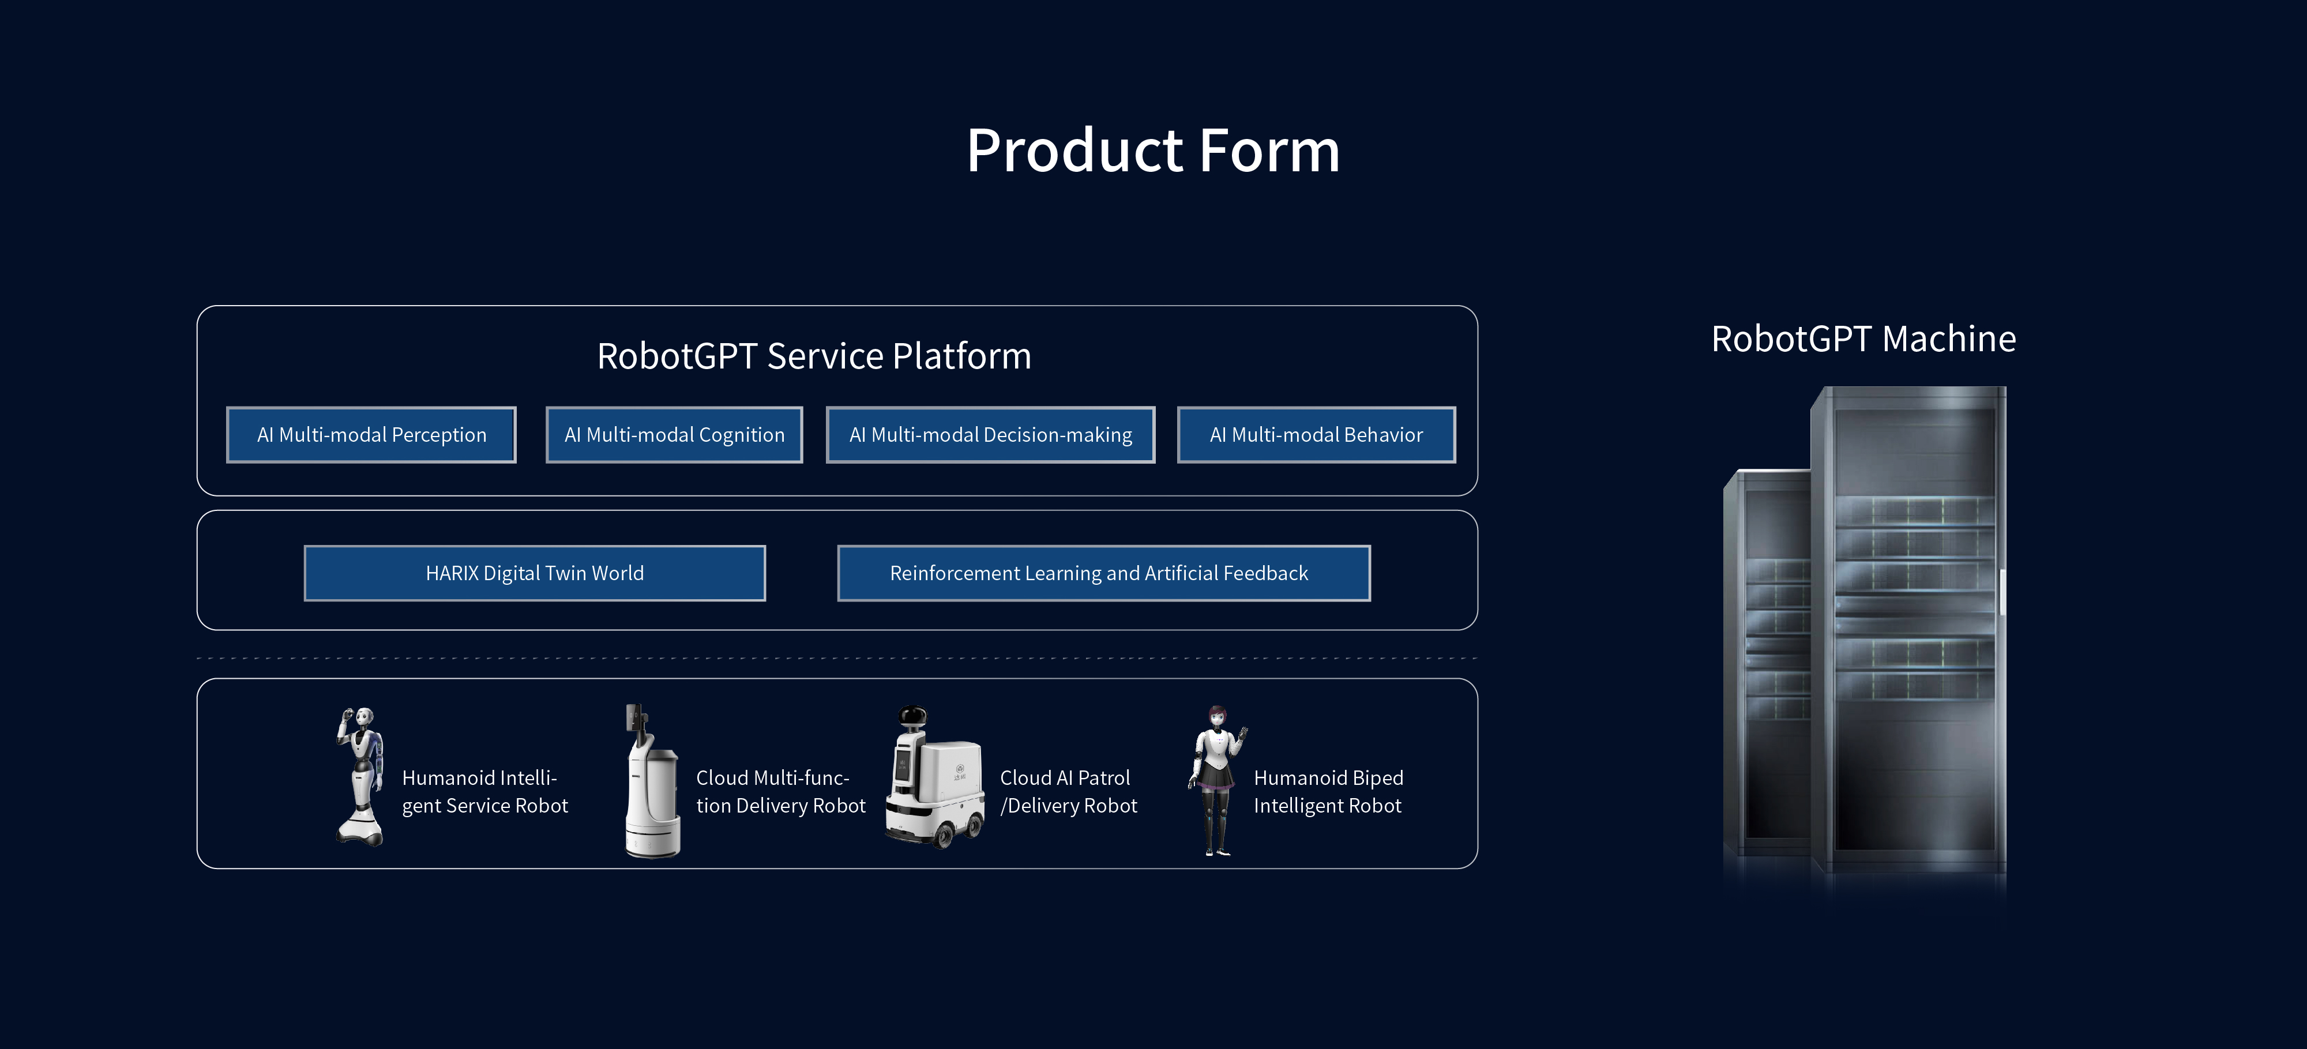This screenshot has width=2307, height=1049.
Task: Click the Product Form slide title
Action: (x=1152, y=151)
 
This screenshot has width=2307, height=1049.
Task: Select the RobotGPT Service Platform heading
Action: (x=814, y=356)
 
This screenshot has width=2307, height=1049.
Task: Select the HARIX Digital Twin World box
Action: (x=535, y=573)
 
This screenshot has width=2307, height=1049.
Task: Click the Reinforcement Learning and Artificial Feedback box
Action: (x=1103, y=573)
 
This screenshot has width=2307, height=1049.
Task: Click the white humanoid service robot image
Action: (x=361, y=776)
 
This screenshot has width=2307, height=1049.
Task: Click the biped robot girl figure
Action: (x=1216, y=779)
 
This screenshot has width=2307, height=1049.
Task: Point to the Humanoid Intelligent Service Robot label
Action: (x=484, y=792)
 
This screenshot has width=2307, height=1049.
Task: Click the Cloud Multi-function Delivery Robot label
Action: (x=780, y=792)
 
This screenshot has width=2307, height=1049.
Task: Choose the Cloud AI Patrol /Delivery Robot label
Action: (x=1068, y=792)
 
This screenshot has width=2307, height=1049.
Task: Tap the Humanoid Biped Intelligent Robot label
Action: (x=1328, y=792)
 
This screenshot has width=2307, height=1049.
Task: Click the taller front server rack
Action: (x=1912, y=627)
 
